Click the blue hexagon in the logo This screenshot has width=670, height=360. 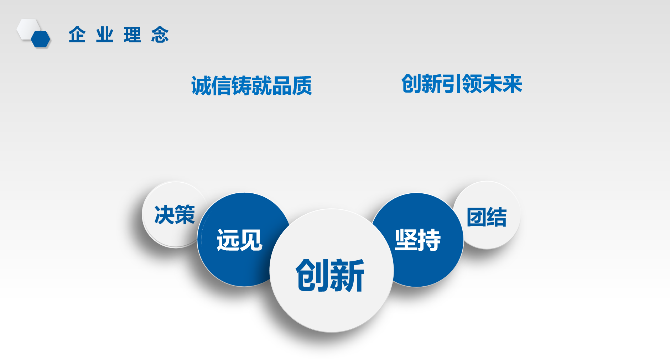click(41, 39)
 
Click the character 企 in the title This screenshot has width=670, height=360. click(77, 35)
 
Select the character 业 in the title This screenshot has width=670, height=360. click(104, 35)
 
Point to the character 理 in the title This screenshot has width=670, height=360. click(132, 35)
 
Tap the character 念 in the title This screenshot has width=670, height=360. click(160, 35)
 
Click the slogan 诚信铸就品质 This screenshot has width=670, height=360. click(251, 86)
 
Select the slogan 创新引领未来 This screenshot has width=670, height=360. click(462, 84)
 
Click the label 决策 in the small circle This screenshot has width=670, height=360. click(175, 215)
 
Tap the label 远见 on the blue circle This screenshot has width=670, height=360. click(239, 240)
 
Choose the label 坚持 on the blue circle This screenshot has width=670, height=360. click(417, 240)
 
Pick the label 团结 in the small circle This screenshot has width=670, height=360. click(487, 217)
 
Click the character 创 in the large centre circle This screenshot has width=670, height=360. click(312, 275)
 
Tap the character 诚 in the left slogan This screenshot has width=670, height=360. click(202, 86)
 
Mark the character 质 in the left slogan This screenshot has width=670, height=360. click(302, 86)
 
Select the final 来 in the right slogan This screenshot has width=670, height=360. click(512, 84)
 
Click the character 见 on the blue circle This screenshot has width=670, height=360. click(251, 240)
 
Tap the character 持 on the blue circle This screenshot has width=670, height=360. click(429, 240)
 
